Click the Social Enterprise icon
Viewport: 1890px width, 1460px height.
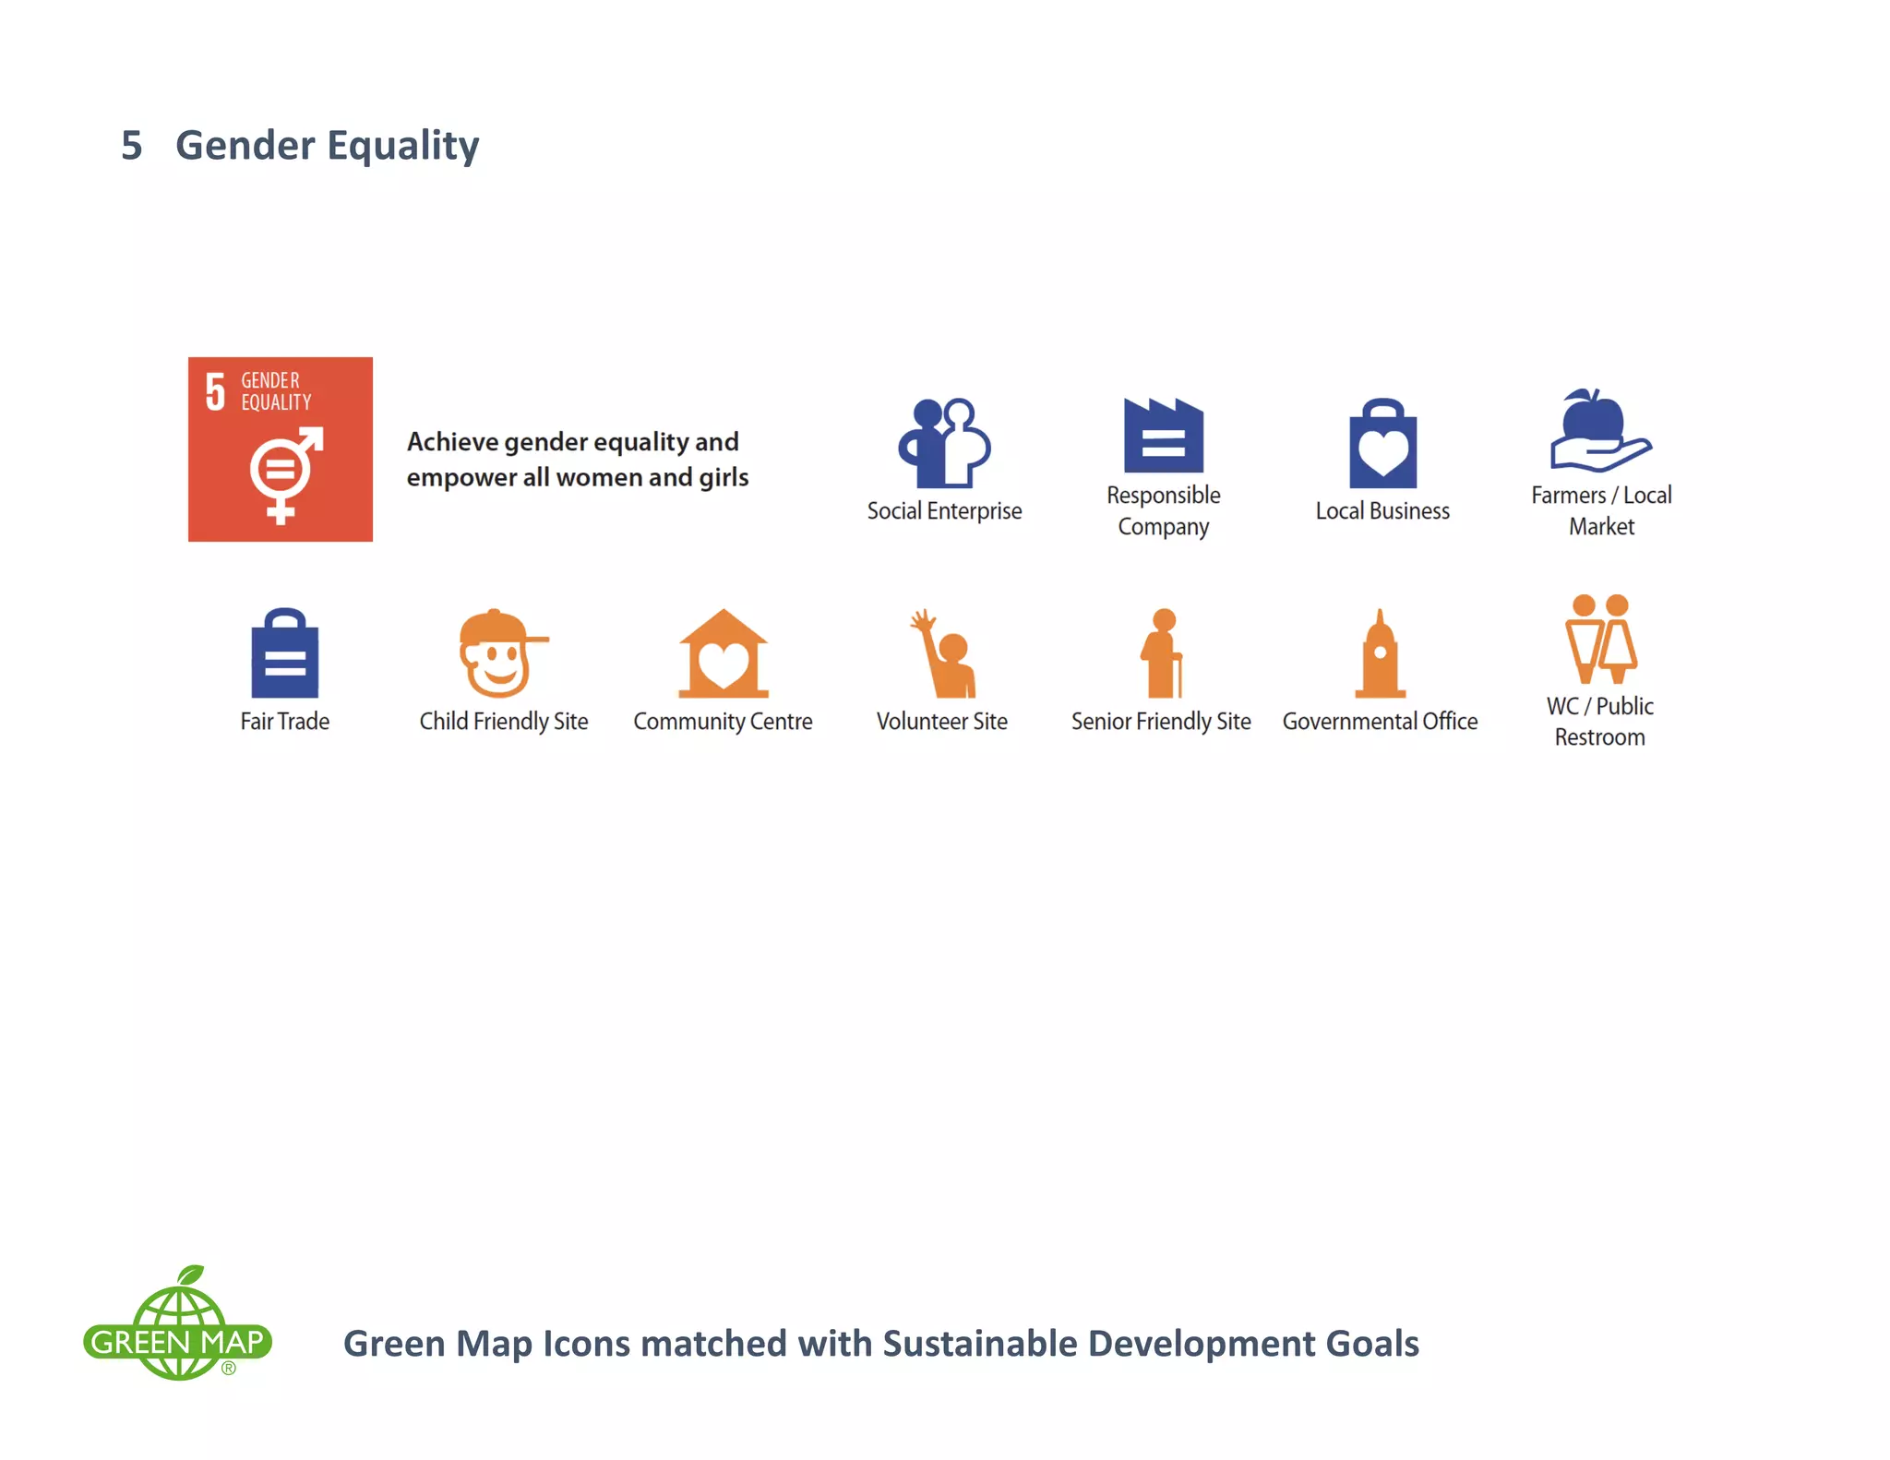(944, 443)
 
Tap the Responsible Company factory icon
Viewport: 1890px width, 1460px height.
(1163, 436)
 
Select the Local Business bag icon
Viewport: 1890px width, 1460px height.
(1382, 444)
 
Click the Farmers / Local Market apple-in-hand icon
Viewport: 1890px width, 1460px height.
(1599, 431)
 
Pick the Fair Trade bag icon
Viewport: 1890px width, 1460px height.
(284, 653)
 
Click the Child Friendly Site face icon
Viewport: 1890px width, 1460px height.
(499, 653)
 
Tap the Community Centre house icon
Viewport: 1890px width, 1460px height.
(723, 653)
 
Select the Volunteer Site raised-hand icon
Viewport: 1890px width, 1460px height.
(943, 653)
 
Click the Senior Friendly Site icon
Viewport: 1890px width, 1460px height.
(1162, 653)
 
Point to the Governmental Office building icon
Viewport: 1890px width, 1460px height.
(1380, 653)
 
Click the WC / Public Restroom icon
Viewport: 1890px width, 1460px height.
(1600, 639)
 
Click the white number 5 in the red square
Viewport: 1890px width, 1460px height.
(215, 391)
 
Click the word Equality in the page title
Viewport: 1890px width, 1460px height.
(402, 146)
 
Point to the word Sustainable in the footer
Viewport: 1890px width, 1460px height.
(980, 1344)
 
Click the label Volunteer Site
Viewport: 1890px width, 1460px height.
(941, 721)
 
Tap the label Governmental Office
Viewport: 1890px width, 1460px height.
(1380, 721)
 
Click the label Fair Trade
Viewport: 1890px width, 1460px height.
(284, 721)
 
